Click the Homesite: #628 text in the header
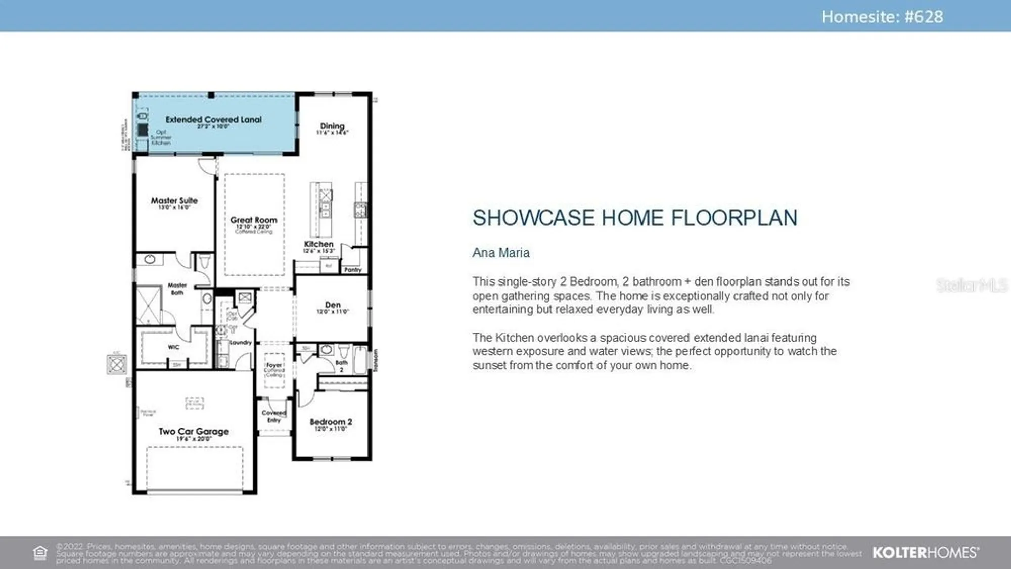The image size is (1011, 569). tap(882, 17)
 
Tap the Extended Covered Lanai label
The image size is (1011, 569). tap(213, 120)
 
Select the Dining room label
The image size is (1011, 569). tap(332, 126)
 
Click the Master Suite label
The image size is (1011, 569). tap(174, 201)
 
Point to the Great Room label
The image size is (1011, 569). tap(254, 220)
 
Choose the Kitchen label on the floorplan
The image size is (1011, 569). tap(318, 244)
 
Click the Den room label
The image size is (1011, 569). tap(333, 305)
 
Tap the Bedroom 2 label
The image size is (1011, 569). tap(331, 422)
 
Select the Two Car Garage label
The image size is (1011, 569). tap(194, 432)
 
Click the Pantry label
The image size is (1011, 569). tap(353, 270)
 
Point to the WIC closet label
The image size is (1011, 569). tap(173, 347)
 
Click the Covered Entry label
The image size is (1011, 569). tap(274, 416)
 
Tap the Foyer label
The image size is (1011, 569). tap(274, 365)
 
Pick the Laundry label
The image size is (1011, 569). tap(241, 343)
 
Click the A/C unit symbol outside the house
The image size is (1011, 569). tap(117, 364)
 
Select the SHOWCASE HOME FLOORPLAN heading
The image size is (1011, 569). tap(635, 218)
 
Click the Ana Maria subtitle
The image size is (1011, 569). tap(501, 253)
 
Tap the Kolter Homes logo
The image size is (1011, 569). tap(926, 553)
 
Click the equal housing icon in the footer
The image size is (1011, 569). tap(40, 553)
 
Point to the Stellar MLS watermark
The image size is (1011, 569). tap(971, 286)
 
